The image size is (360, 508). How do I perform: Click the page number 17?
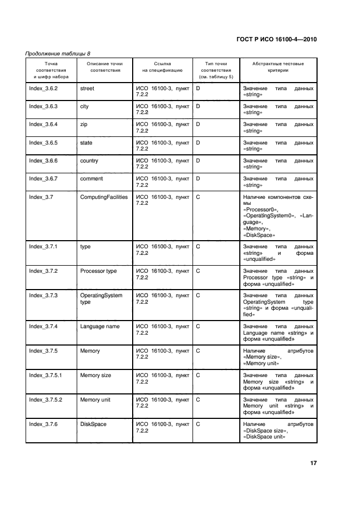click(313, 463)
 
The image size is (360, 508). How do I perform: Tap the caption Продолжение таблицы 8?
click(58, 53)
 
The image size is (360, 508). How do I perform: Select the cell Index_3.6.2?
click(44, 88)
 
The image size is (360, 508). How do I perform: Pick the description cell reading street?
click(87, 88)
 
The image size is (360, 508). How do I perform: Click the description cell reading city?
click(84, 106)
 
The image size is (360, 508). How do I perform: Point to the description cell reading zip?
click(84, 124)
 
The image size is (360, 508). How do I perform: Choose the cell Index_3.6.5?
click(44, 143)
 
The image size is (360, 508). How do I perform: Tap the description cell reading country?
click(89, 161)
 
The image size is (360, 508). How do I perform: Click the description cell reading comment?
click(91, 179)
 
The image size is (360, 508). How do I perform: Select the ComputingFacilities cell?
click(104, 197)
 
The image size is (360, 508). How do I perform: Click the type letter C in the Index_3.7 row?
click(198, 197)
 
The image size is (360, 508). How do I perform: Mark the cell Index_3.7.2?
click(44, 271)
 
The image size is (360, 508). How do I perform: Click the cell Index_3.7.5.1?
click(46, 375)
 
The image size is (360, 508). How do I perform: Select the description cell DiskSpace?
click(93, 424)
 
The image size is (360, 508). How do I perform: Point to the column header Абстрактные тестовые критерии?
click(278, 67)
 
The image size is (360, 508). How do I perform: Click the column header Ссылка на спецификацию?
click(163, 67)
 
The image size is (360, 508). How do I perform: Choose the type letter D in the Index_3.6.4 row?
click(198, 124)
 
